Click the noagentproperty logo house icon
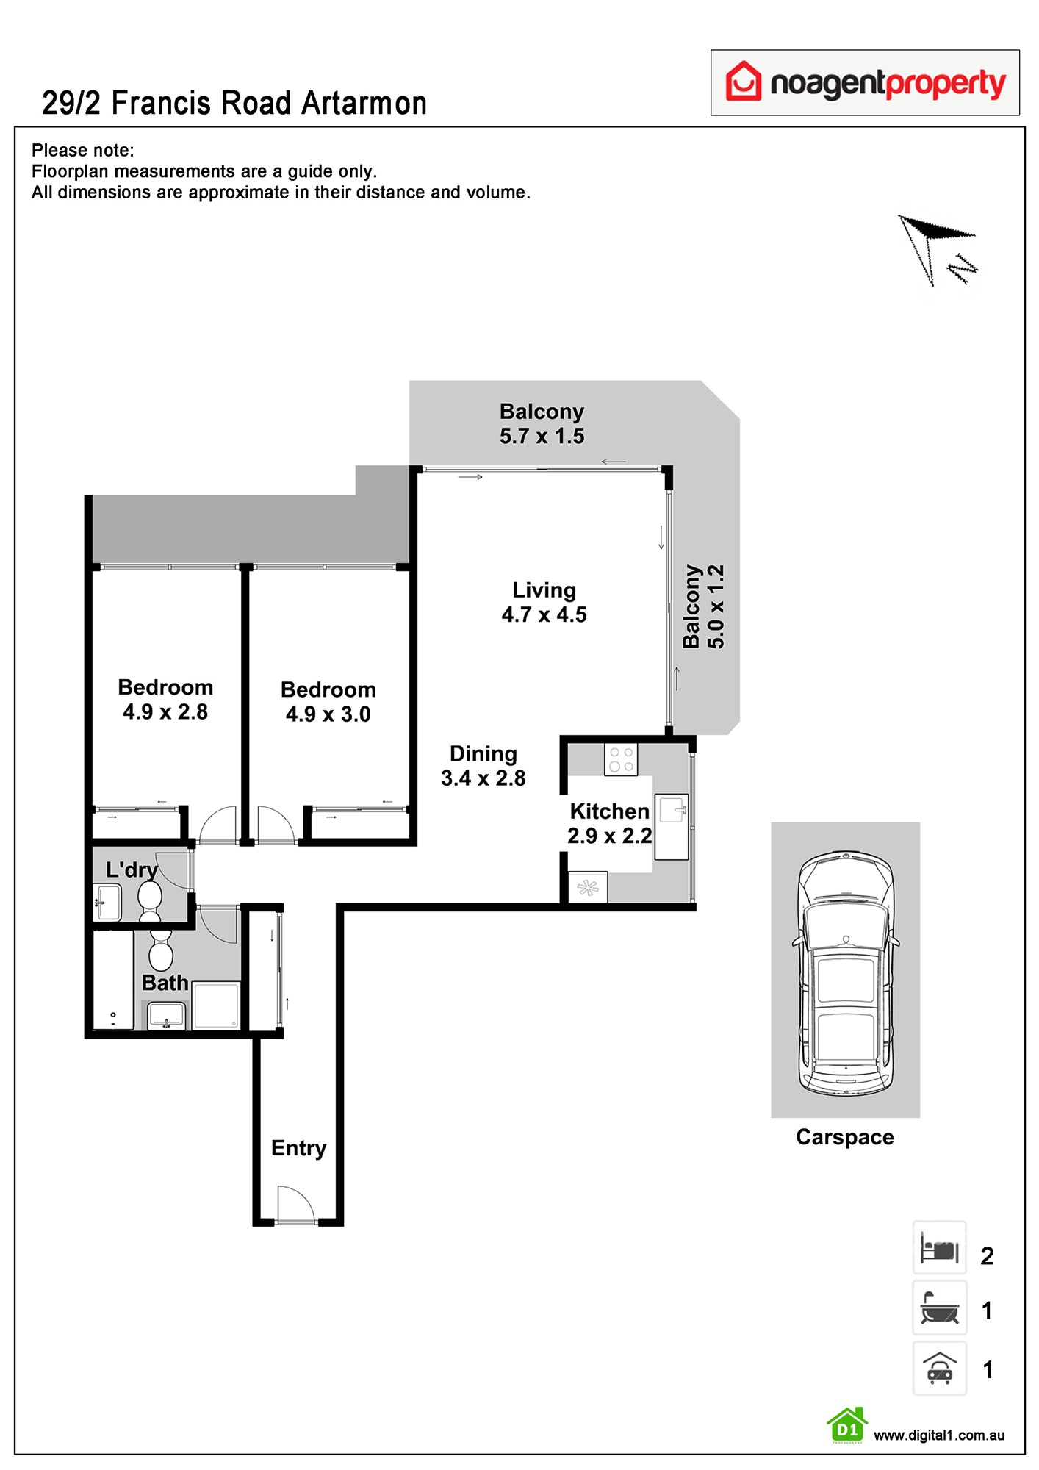pyautogui.click(x=744, y=81)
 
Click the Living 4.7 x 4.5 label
pyautogui.click(x=544, y=603)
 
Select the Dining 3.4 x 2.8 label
pyautogui.click(x=483, y=766)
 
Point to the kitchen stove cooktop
pyautogui.click(x=621, y=759)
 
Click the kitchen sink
pyautogui.click(x=672, y=811)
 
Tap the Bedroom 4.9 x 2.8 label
pyautogui.click(x=165, y=700)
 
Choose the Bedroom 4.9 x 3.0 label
pyautogui.click(x=328, y=702)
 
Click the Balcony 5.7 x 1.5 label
pyautogui.click(x=542, y=423)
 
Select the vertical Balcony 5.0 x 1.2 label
pyautogui.click(x=703, y=607)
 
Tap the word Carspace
pyautogui.click(x=844, y=1137)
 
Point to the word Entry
pyautogui.click(x=298, y=1148)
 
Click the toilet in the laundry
pyautogui.click(x=150, y=900)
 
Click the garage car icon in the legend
pyautogui.click(x=939, y=1369)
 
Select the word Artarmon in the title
pyautogui.click(x=364, y=104)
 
